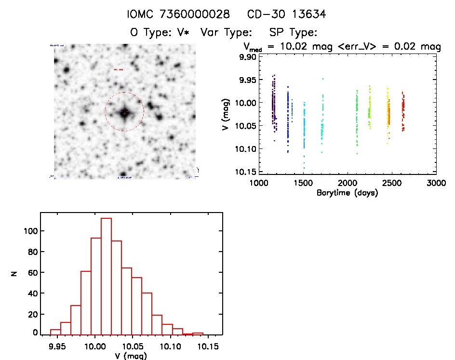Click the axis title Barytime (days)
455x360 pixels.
point(348,193)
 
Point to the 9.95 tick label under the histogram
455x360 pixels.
point(58,346)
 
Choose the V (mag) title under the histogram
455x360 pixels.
point(131,356)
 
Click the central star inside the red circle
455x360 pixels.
point(124,112)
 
